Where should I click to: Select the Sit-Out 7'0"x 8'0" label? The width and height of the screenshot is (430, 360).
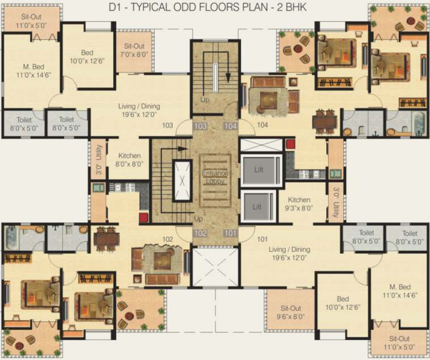click(x=134, y=50)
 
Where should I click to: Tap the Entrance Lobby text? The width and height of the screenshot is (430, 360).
click(x=215, y=177)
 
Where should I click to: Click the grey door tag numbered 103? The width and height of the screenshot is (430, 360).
click(x=200, y=126)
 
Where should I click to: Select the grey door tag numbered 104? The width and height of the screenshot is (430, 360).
click(x=231, y=126)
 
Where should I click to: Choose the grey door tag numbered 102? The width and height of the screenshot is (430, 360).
click(x=200, y=233)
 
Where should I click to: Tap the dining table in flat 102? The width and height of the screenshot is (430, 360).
click(x=106, y=238)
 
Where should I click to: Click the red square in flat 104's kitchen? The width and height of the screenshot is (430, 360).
click(x=291, y=144)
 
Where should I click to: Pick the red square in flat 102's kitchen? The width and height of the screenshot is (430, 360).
click(x=144, y=217)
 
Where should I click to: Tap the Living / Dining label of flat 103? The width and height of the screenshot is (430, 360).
click(x=134, y=110)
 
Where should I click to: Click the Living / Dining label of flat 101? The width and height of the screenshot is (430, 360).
click(x=289, y=254)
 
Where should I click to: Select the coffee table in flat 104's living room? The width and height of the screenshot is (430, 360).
click(x=268, y=99)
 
